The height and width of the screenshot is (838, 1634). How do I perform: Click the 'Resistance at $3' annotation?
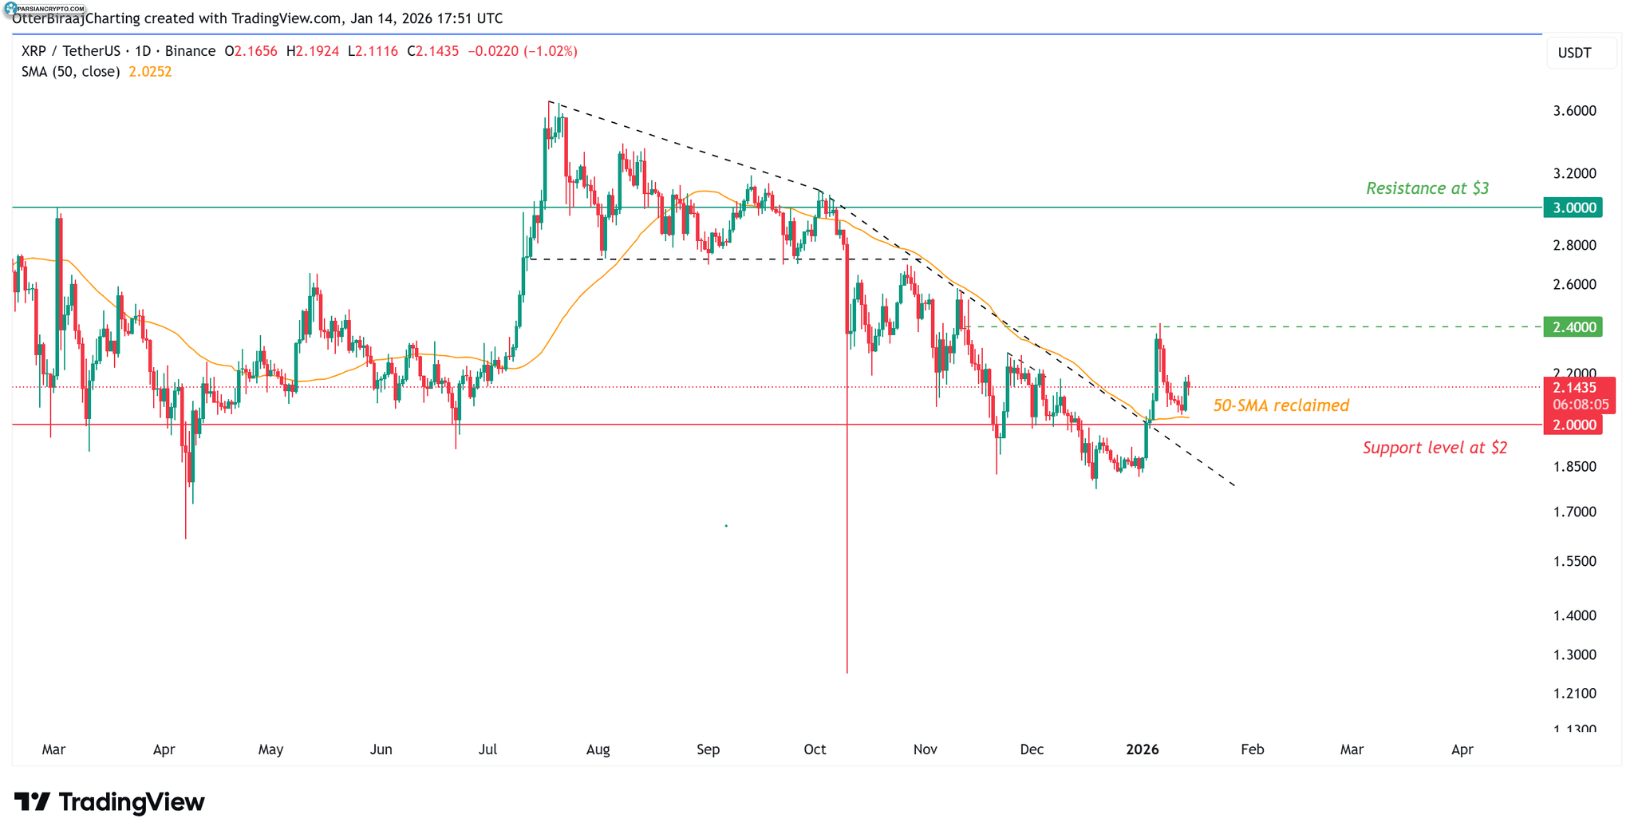[x=1427, y=188]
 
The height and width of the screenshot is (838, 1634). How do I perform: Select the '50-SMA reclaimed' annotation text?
[x=1281, y=405]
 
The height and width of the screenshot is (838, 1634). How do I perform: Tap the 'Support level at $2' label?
[x=1435, y=448]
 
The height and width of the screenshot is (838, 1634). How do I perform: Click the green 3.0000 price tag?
[x=1573, y=208]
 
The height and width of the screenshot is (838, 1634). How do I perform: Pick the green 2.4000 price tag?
[x=1573, y=326]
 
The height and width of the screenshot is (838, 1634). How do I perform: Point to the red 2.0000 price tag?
[x=1573, y=425]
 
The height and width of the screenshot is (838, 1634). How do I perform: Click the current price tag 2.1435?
[x=1575, y=388]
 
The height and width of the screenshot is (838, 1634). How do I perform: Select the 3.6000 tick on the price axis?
[x=1574, y=111]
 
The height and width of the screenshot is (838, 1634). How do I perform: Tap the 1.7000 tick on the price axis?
[x=1574, y=512]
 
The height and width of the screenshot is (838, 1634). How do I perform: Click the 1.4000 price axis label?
[x=1574, y=615]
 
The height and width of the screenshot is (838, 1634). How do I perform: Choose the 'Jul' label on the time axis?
[x=487, y=749]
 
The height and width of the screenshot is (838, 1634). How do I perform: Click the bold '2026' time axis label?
[x=1142, y=749]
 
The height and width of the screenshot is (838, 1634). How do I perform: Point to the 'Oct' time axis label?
[x=815, y=749]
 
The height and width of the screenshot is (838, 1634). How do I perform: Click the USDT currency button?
[x=1574, y=53]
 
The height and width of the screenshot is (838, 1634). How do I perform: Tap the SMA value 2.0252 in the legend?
[x=150, y=72]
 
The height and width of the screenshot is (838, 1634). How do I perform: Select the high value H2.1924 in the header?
[x=313, y=51]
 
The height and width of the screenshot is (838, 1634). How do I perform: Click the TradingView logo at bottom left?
[x=109, y=801]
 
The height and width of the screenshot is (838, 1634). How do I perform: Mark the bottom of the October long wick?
[x=847, y=672]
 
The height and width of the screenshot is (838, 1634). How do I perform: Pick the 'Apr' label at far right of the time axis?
[x=1462, y=749]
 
